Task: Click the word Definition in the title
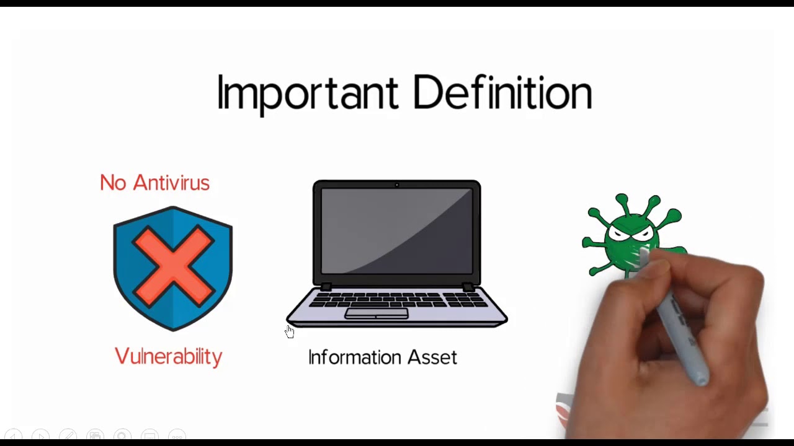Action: pyautogui.click(x=502, y=93)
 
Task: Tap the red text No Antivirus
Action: pyautogui.click(x=154, y=183)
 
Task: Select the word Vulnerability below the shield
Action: pyautogui.click(x=168, y=357)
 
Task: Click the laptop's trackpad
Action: pyautogui.click(x=377, y=313)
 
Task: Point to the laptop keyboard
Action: pyautogui.click(x=397, y=299)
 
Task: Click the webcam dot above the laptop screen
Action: pyautogui.click(x=397, y=185)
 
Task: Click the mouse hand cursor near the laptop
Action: pyautogui.click(x=290, y=332)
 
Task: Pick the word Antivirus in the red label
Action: pyautogui.click(x=171, y=183)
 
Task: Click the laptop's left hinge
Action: pyautogui.click(x=326, y=286)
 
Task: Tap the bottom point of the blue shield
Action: pyautogui.click(x=173, y=329)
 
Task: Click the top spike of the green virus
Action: pyautogui.click(x=622, y=199)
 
